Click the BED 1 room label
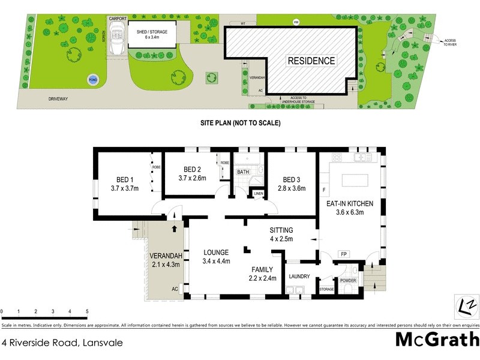[125, 179]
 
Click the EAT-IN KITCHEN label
[350, 204]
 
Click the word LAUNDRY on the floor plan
[299, 277]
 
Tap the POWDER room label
[348, 281]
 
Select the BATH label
[243, 172]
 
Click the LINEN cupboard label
[259, 193]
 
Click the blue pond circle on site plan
[92, 80]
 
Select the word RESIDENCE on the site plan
[311, 61]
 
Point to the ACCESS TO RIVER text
[450, 44]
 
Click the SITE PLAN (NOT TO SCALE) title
[240, 123]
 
